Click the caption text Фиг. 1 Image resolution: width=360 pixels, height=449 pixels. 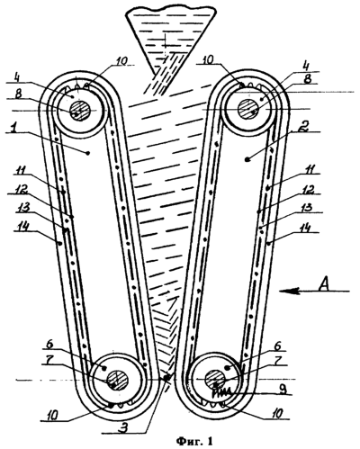click(x=194, y=441)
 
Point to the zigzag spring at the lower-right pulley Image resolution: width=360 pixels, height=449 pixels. click(x=222, y=392)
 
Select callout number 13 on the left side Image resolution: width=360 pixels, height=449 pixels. click(x=25, y=208)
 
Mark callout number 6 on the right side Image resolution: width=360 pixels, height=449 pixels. click(x=277, y=346)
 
